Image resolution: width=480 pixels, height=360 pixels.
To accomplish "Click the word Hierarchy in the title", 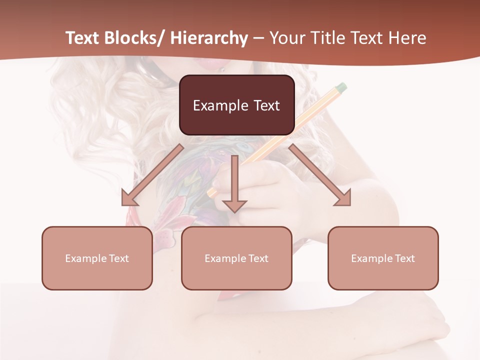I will pos(209,38).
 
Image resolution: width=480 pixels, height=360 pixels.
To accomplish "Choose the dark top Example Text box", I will pos(236,105).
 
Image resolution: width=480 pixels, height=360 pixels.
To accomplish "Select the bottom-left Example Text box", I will pos(97,258).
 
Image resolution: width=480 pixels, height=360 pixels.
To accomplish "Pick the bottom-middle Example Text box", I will pos(236,258).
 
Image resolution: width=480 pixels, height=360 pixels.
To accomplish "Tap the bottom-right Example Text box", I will pos(383,258).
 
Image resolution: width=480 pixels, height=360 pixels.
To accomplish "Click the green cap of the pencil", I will pos(341,88).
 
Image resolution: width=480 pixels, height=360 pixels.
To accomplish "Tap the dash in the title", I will pos(258,38).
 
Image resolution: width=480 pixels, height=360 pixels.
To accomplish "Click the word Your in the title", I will pos(286,38).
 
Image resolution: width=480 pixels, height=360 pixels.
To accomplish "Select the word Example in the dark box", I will pos(220,105).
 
